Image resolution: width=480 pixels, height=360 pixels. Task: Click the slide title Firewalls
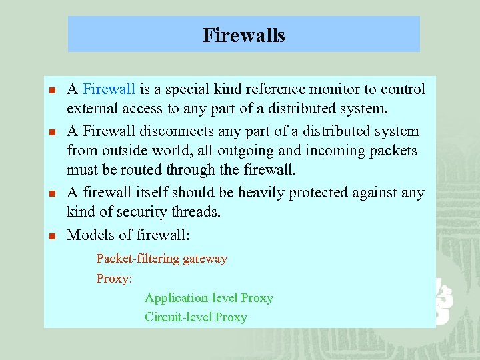click(x=243, y=35)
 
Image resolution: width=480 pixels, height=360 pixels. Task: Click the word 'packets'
click(x=394, y=151)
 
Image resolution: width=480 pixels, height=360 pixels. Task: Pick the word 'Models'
click(x=90, y=235)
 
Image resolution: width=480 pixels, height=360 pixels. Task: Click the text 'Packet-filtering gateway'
click(x=161, y=259)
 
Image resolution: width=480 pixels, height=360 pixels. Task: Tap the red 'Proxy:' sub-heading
click(x=115, y=279)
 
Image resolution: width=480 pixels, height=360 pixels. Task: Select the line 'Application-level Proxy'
click(x=209, y=298)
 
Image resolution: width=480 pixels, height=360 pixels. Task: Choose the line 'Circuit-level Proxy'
click(x=196, y=317)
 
